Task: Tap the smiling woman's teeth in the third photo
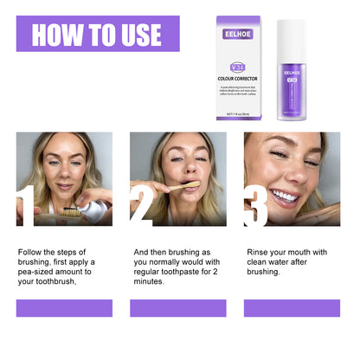pos(285,195)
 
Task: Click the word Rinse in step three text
pos(260,252)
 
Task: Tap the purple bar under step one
pos(64,308)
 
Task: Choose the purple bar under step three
pos(292,308)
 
